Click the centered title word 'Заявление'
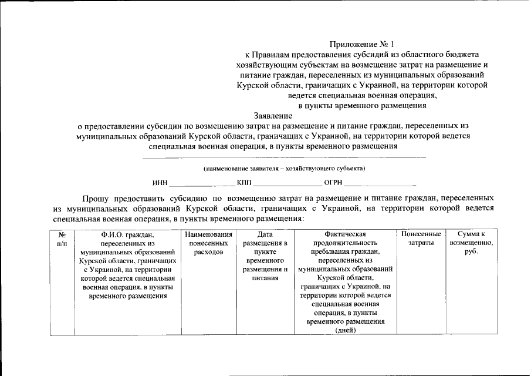273,116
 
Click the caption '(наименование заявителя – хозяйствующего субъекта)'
284,169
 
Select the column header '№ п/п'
62,239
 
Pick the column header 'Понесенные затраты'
421,239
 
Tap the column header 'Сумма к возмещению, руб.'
471,243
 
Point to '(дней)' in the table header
345,330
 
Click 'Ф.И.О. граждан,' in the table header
127,234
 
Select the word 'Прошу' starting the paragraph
95,199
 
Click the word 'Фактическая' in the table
345,234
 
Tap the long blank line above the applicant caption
284,157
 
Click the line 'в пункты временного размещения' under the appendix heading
362,105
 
